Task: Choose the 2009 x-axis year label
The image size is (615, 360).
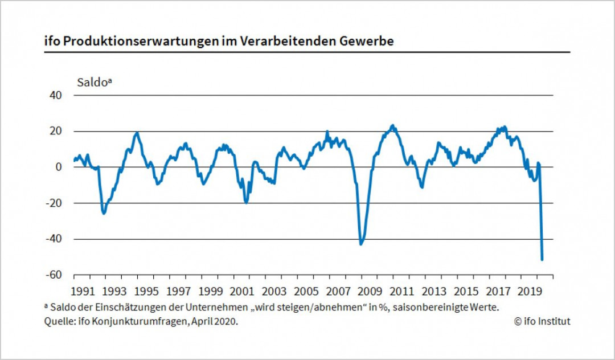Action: click(369, 291)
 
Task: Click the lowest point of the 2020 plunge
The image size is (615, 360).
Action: click(542, 260)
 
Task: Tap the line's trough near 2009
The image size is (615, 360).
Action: click(360, 244)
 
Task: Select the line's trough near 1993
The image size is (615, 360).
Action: click(104, 213)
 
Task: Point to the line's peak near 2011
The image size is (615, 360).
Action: click(392, 125)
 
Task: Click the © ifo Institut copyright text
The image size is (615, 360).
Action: click(542, 321)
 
